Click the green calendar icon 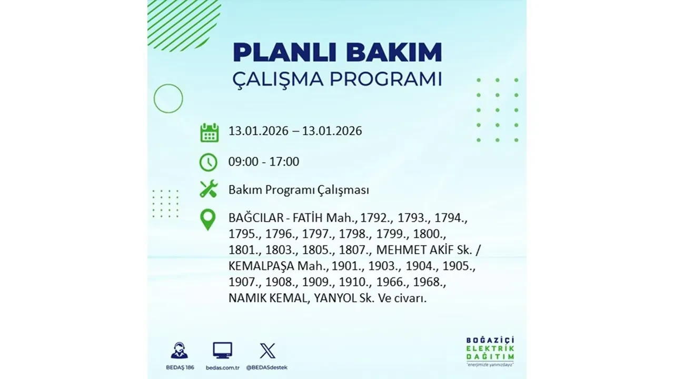209,132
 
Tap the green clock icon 209,162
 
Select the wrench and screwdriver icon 209,189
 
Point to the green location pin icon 209,220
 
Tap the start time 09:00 243,162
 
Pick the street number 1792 379,218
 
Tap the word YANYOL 337,298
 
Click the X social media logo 267,351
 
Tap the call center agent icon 179,351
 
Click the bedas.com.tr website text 222,367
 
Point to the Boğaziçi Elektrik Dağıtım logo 490,351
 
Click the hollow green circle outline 168,98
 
